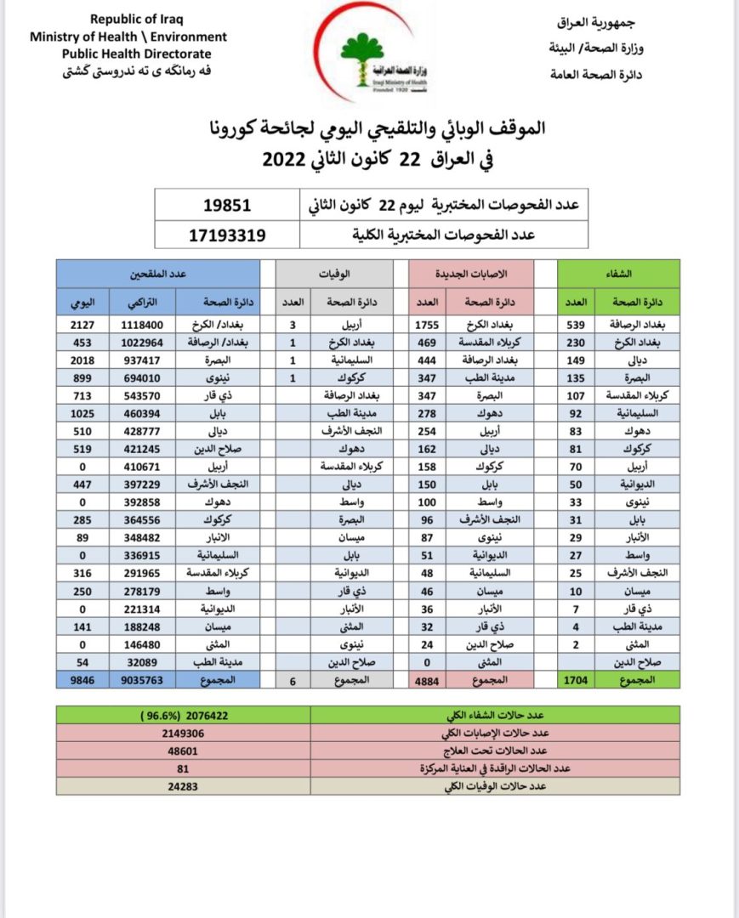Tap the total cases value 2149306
point(183,734)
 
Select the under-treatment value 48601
point(183,751)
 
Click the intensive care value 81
point(183,769)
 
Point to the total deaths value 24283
point(183,787)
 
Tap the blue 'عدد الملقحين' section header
point(158,274)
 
